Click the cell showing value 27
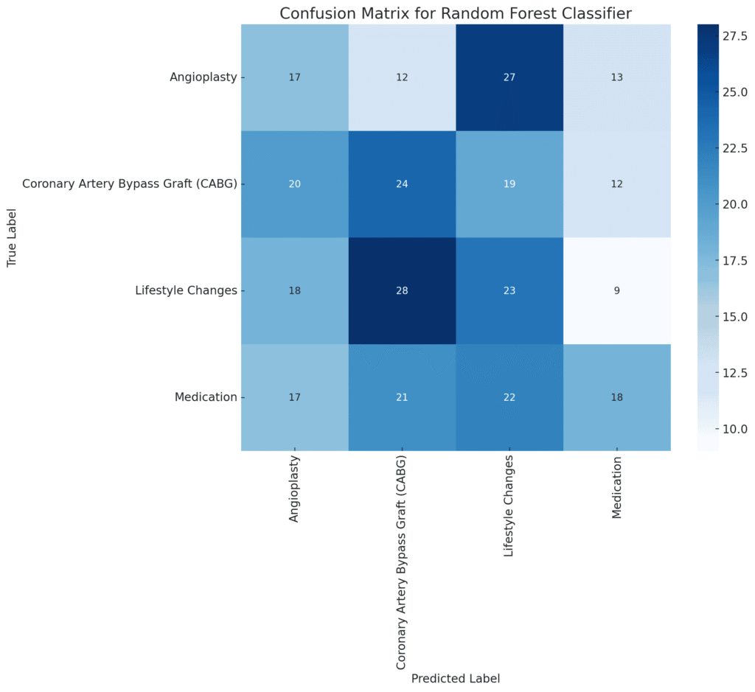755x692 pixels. tap(509, 77)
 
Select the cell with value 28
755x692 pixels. tap(402, 290)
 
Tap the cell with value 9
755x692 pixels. tap(617, 290)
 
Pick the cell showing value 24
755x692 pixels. tap(402, 184)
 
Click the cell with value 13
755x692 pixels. tap(617, 77)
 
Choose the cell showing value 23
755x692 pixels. tap(509, 290)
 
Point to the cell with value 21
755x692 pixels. tap(402, 396)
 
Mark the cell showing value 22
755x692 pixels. tap(509, 396)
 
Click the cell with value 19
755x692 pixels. tap(509, 184)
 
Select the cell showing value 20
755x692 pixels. tap(294, 184)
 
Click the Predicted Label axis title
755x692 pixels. tap(456, 678)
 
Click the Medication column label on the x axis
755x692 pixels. tap(617, 487)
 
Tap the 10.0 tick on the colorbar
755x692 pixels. tap(733, 428)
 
